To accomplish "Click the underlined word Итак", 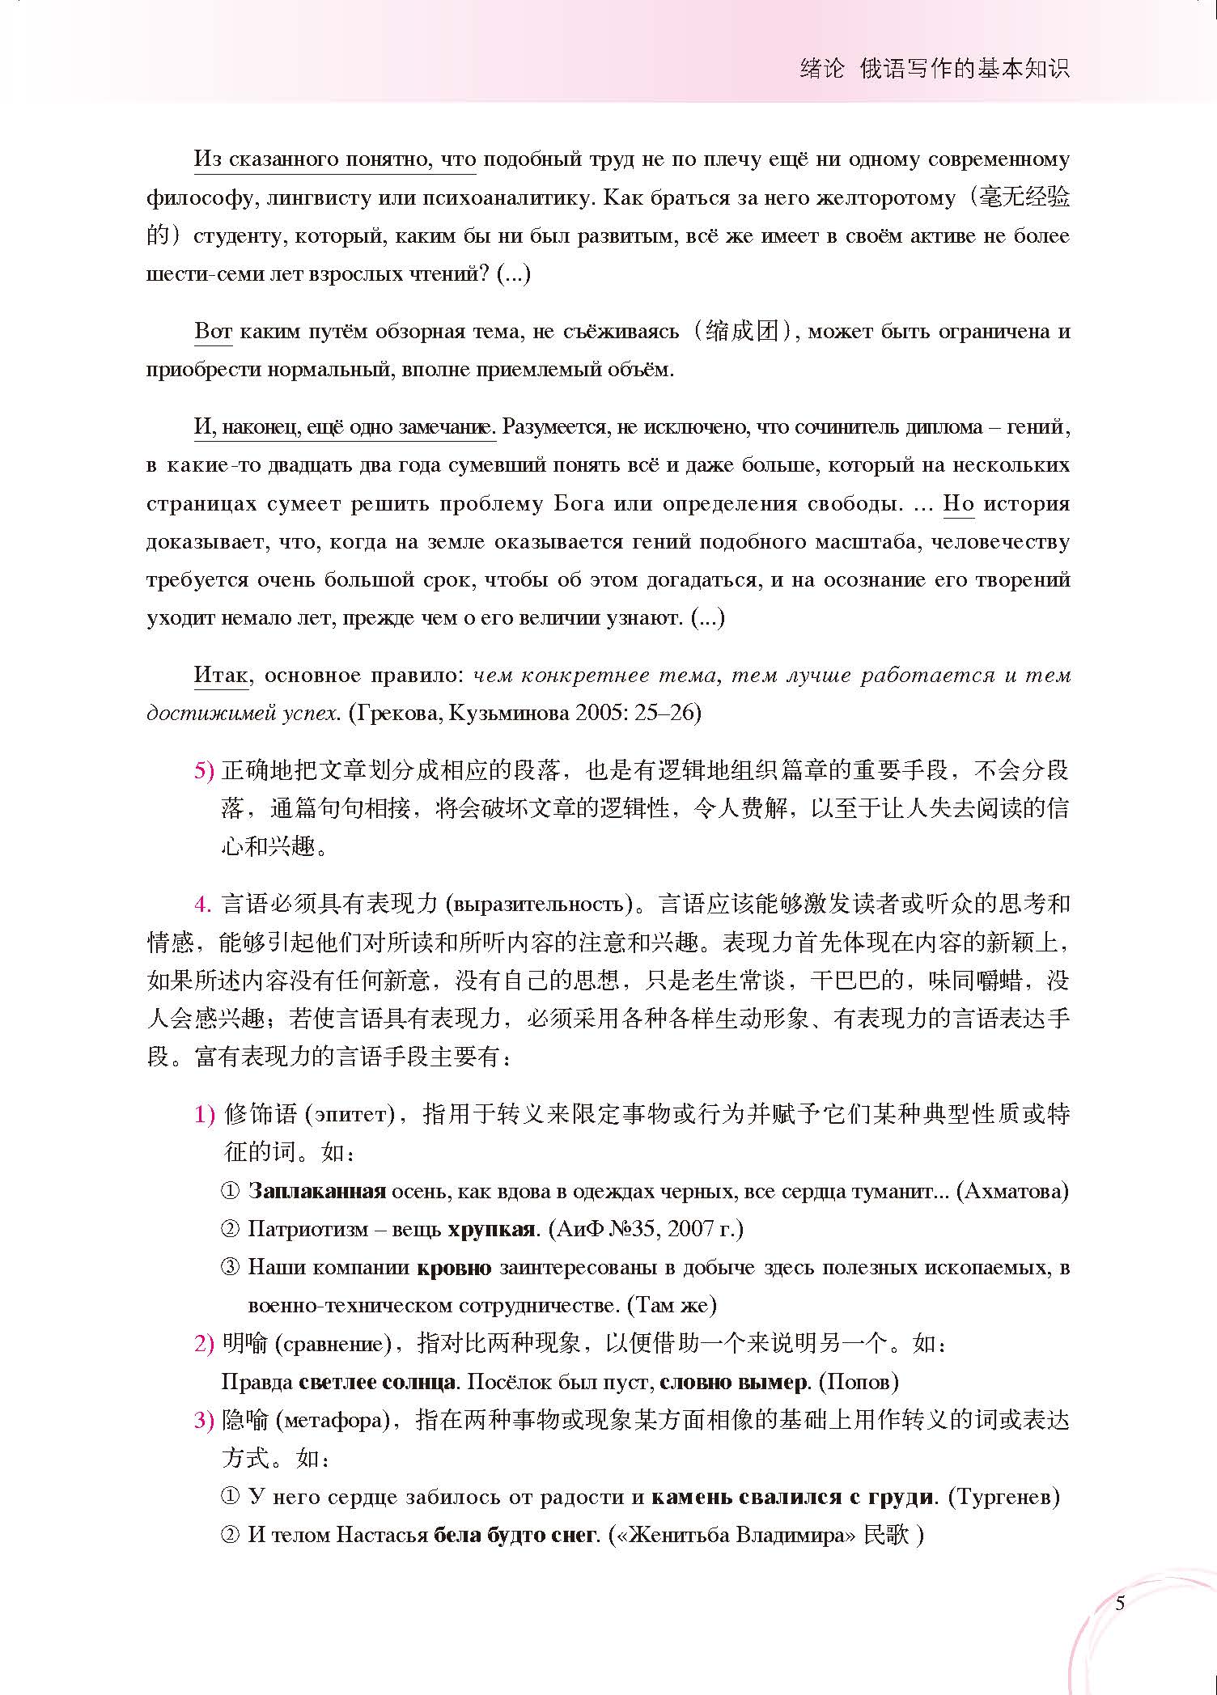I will click(x=221, y=675).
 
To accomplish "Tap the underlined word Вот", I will click(x=214, y=332).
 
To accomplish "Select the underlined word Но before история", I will click(x=959, y=503).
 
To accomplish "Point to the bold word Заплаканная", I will click(x=316, y=1191).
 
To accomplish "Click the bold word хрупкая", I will click(x=491, y=1229).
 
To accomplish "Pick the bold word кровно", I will click(x=454, y=1267).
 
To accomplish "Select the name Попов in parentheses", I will click(x=859, y=1382).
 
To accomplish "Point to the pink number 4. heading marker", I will click(x=202, y=904).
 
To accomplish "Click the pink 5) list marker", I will click(x=204, y=770).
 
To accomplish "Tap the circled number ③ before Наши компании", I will click(x=231, y=1267).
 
